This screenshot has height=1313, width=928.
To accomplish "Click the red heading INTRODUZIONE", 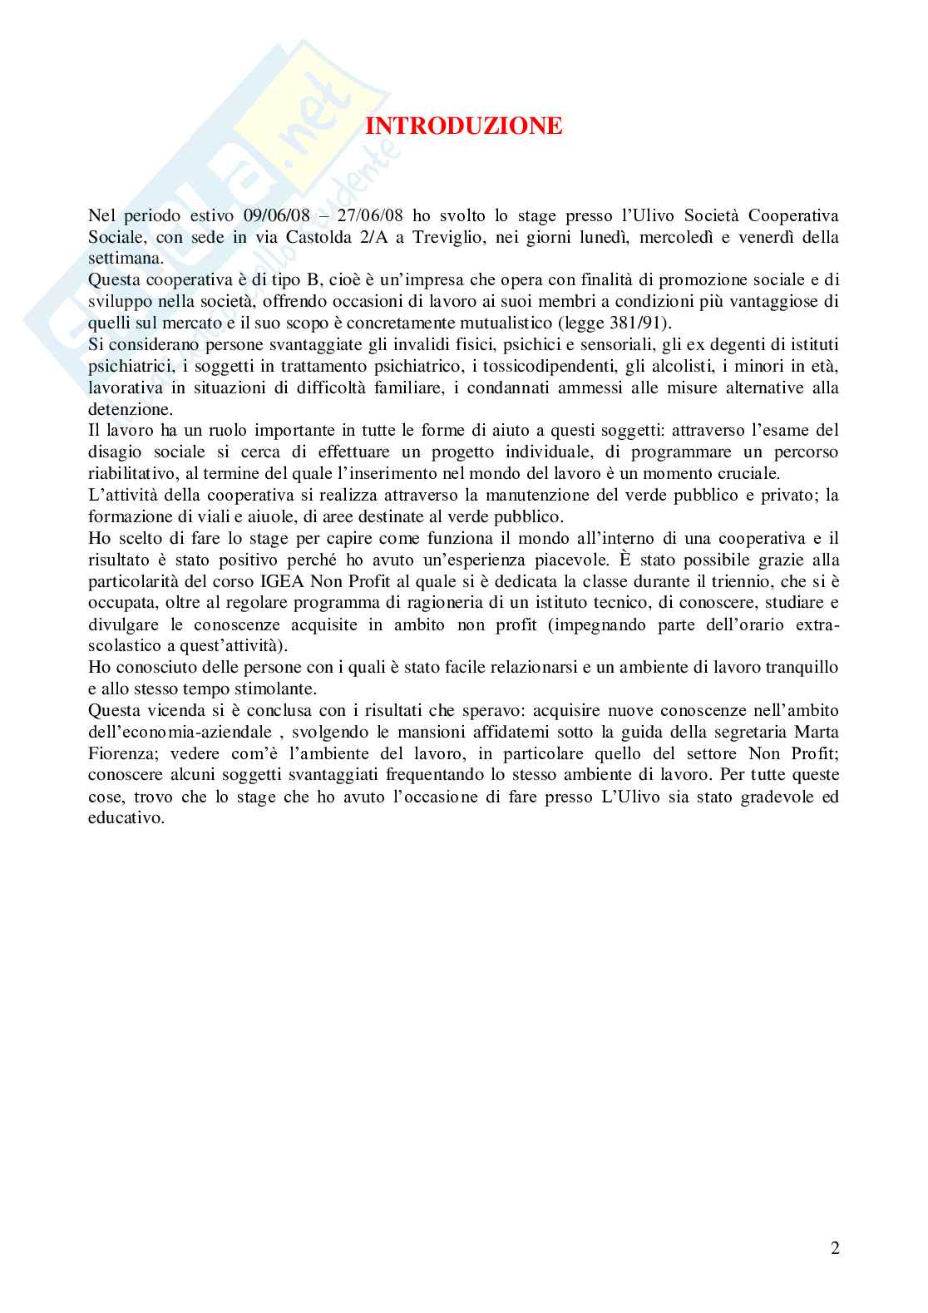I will coord(464,126).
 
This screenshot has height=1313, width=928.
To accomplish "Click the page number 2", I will coord(835,1248).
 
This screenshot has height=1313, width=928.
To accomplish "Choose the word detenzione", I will coord(130,409).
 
